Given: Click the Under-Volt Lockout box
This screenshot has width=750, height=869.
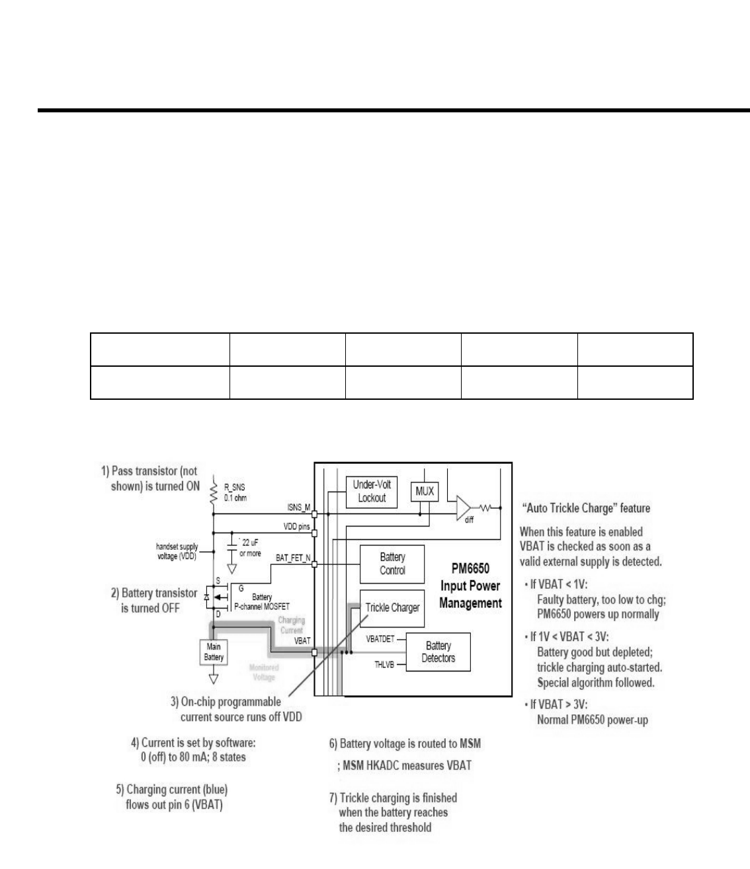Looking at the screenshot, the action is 371,491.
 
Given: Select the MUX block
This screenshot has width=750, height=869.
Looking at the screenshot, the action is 425,492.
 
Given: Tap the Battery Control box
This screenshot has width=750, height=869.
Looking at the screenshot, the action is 392,564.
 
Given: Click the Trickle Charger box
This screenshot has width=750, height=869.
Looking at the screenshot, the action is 392,607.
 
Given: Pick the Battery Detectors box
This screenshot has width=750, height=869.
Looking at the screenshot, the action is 438,652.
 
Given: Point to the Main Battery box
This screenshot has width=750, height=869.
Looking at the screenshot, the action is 214,652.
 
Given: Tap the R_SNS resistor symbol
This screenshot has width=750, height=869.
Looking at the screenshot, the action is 214,492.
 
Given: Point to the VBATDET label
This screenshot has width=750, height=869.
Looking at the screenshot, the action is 380,639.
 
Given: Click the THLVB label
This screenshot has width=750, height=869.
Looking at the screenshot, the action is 384,664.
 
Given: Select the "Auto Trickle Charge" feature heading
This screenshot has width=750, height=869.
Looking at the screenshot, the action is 585,508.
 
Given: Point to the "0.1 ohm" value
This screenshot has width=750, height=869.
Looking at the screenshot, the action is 235,498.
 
